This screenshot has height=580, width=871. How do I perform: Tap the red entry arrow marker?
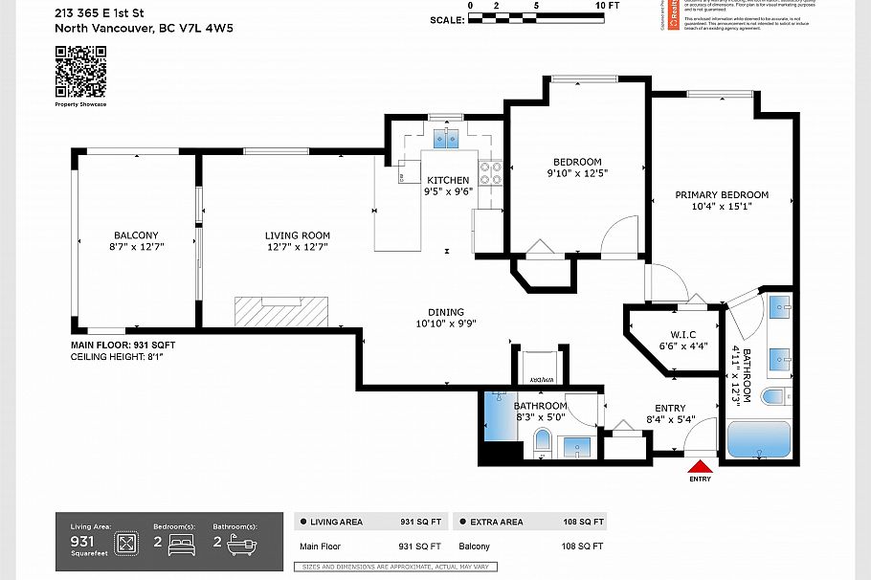pyautogui.click(x=701, y=467)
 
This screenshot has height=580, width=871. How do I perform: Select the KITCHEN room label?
pyautogui.click(x=448, y=180)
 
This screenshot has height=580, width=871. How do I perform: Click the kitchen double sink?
pyautogui.click(x=446, y=140)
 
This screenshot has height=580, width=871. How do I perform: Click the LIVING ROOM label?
pyautogui.click(x=298, y=235)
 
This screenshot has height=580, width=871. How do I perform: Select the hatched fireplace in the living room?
pyautogui.click(x=281, y=312)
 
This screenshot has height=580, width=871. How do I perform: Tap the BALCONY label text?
pyautogui.click(x=136, y=235)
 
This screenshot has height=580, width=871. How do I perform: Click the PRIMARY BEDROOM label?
pyautogui.click(x=722, y=195)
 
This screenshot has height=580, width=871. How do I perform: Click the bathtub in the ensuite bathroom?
pyautogui.click(x=758, y=440)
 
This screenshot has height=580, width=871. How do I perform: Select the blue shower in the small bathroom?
pyautogui.click(x=500, y=416)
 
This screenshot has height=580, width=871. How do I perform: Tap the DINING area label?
pyautogui.click(x=446, y=312)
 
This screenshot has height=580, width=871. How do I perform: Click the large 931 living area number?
pyautogui.click(x=84, y=541)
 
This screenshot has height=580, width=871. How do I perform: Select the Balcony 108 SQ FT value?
pyautogui.click(x=581, y=547)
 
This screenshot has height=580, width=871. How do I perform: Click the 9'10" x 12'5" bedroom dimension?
pyautogui.click(x=577, y=173)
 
